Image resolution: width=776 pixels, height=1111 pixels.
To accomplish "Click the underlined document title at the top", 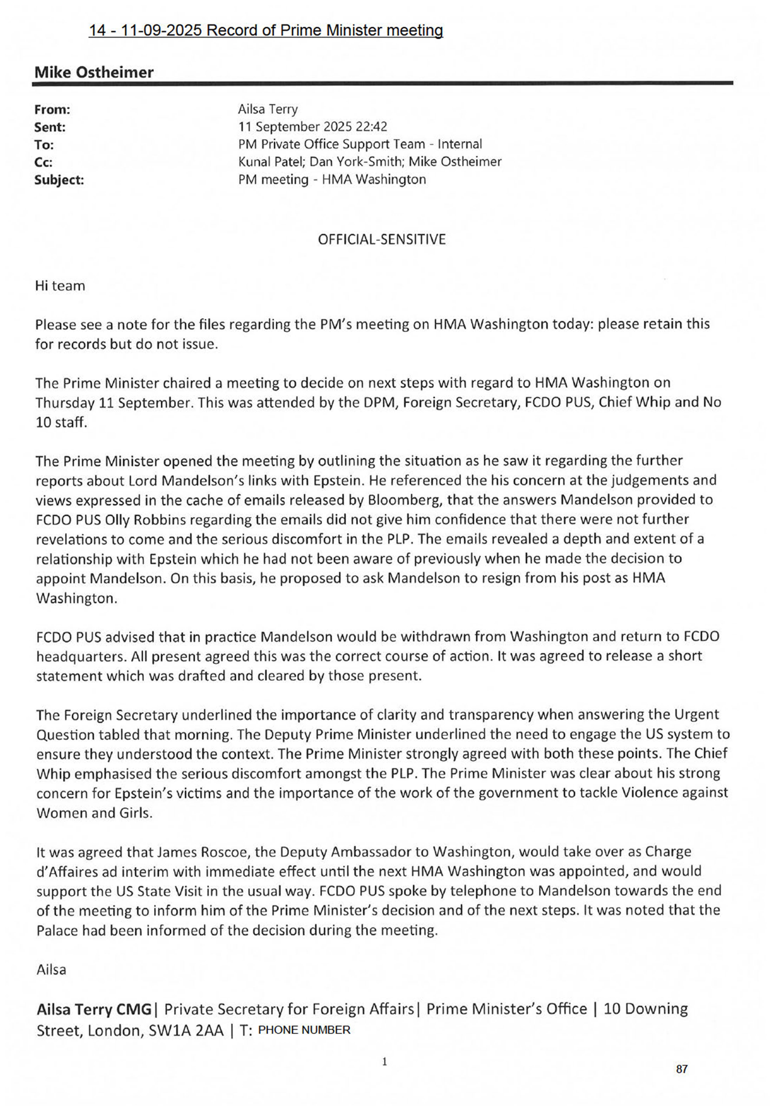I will [266, 30].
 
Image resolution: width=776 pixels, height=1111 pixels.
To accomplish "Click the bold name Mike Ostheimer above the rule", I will [94, 73].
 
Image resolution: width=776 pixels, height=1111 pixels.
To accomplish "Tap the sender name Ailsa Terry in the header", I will [268, 109].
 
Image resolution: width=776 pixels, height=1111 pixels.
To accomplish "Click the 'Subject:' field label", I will [59, 180].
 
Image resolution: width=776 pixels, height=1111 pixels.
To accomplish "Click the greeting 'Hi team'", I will [60, 286].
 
